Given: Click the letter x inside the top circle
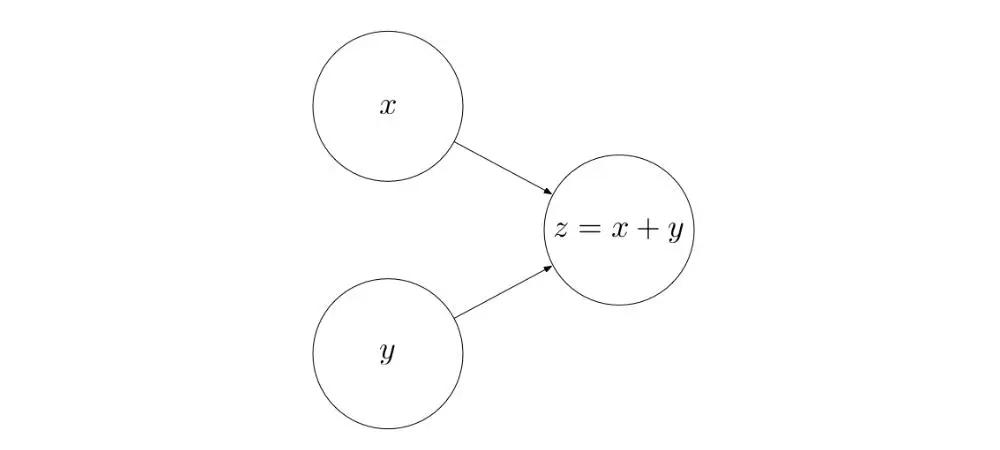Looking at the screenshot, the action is click(x=388, y=107).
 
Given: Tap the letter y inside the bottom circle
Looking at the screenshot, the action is click(x=388, y=353).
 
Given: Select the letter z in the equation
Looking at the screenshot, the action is click(x=561, y=230).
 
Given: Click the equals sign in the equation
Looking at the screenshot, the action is click(x=588, y=230).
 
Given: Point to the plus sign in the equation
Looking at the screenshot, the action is click(x=648, y=230).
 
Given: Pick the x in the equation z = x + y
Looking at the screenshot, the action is click(x=619, y=230).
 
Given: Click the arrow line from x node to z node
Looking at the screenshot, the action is click(x=503, y=168).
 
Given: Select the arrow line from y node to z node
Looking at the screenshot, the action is click(x=503, y=292).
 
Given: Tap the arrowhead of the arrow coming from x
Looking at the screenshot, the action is click(x=548, y=191).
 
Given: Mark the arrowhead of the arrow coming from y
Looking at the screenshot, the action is click(x=548, y=268).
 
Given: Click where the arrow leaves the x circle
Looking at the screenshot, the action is click(x=455, y=143).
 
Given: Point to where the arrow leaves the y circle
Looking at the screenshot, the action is click(x=455, y=318).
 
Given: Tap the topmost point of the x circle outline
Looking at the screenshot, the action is click(x=388, y=32).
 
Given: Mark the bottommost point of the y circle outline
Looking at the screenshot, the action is click(x=388, y=428).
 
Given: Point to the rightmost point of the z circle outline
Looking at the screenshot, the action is click(x=693, y=230).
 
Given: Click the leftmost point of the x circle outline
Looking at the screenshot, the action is click(x=313, y=107).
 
